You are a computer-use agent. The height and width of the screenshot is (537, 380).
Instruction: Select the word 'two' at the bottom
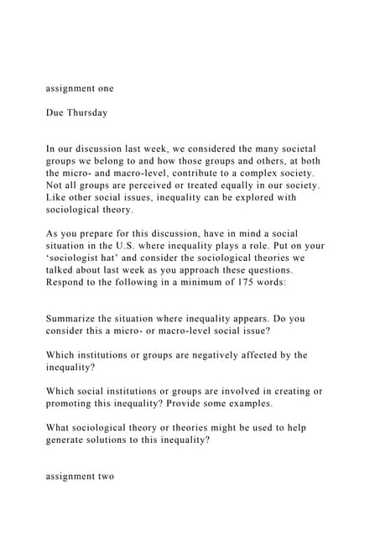coord(104,477)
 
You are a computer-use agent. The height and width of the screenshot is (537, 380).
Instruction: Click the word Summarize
coord(77,318)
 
